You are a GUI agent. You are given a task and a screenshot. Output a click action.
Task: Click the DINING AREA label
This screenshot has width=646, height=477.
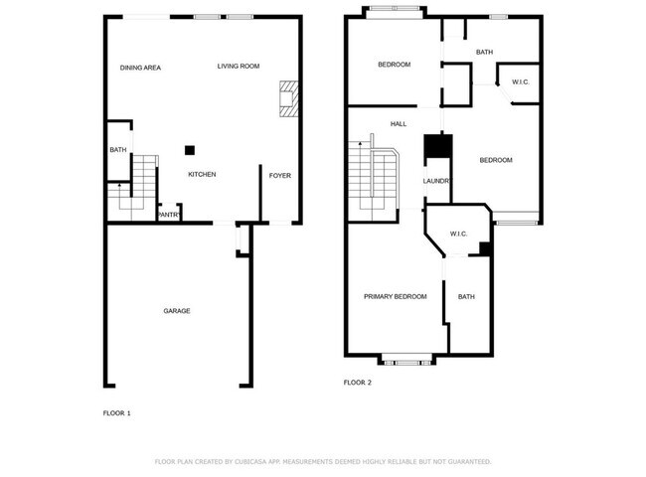[x=140, y=68]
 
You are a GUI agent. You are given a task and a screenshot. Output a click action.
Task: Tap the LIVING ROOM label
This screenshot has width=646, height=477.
[x=239, y=67]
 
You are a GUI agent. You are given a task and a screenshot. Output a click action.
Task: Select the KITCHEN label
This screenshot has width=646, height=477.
[x=202, y=175]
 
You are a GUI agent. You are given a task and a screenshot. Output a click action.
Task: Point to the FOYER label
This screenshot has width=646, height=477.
[x=280, y=175]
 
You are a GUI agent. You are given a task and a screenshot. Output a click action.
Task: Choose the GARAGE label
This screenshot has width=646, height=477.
[x=177, y=311]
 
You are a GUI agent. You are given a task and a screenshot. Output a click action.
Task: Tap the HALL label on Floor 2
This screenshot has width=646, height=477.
[x=399, y=124]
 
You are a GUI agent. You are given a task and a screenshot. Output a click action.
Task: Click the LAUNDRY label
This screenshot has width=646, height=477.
[x=437, y=181]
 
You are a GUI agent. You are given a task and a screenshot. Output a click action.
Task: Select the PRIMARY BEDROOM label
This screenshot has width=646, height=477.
[x=395, y=297]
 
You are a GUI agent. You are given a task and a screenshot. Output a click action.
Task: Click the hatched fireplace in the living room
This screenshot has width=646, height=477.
[x=288, y=98]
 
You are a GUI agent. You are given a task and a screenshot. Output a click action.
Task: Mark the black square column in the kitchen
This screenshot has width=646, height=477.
[x=188, y=150]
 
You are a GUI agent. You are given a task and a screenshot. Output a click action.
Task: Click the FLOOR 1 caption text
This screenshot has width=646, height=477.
[x=116, y=412]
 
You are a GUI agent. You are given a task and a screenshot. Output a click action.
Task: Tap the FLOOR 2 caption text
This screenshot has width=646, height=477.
[x=357, y=383]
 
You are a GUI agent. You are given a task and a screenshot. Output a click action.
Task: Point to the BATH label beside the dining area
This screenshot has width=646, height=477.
[x=117, y=150]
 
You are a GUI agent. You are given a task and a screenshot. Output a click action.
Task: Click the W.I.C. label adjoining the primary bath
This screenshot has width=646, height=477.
[x=458, y=235]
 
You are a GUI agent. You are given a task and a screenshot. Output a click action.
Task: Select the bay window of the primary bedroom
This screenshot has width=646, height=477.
[x=405, y=359]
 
